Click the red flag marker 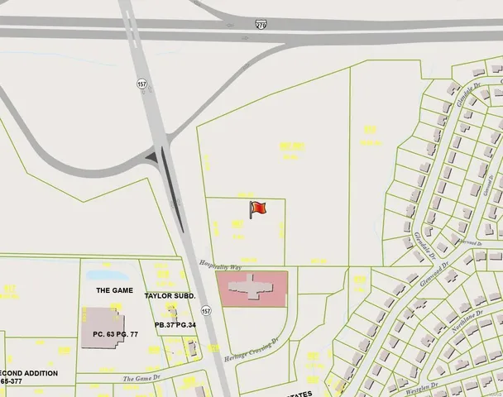257,209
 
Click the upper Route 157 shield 142,84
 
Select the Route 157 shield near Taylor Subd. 206,311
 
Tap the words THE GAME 114,290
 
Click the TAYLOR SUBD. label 169,295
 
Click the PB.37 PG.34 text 175,325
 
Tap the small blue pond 104,275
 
